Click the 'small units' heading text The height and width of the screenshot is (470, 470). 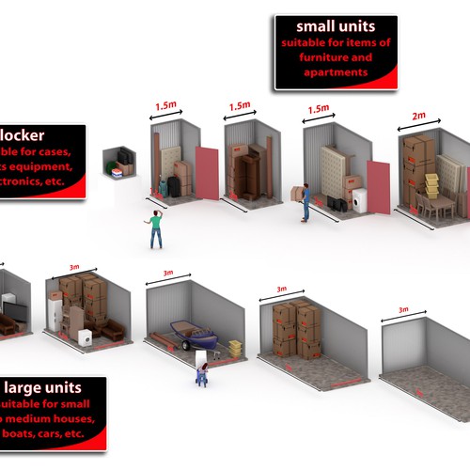(x=336, y=26)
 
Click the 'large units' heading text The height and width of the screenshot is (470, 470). (x=43, y=387)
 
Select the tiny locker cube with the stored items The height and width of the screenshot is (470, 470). (x=120, y=164)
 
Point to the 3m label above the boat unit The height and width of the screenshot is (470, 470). (x=168, y=274)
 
